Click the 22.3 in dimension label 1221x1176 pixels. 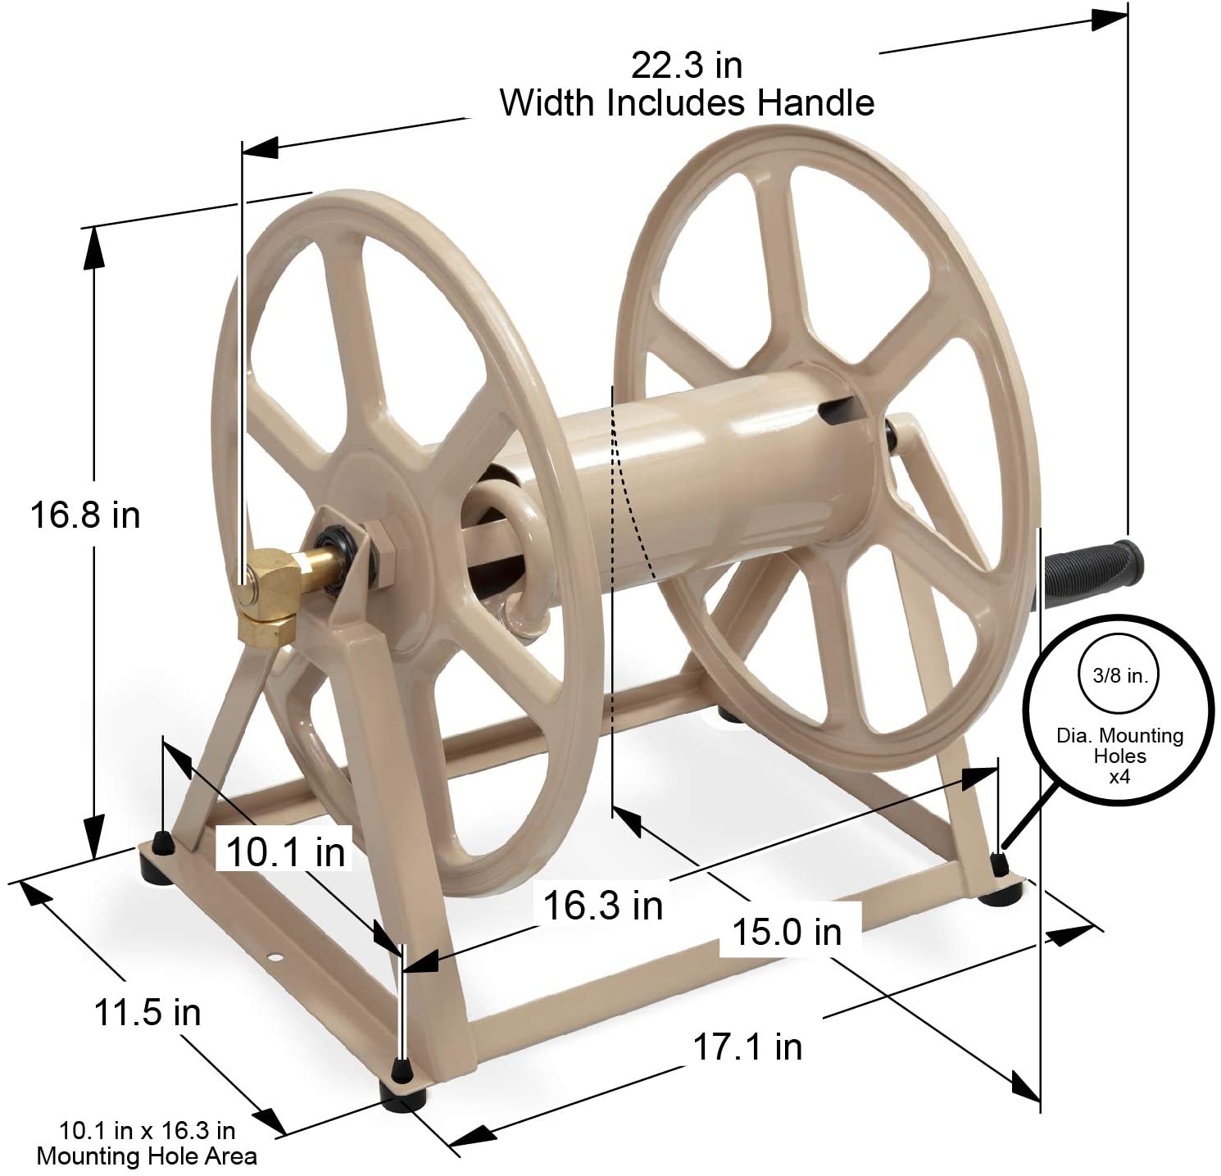click(x=686, y=65)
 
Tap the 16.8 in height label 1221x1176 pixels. click(x=85, y=515)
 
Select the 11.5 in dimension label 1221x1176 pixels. click(x=148, y=1013)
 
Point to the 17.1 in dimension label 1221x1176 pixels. click(x=747, y=1047)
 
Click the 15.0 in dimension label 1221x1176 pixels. click(x=787, y=932)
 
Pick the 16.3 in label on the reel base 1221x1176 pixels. click(x=602, y=906)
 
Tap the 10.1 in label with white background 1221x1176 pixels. click(x=285, y=853)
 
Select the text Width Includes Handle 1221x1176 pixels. click(x=687, y=104)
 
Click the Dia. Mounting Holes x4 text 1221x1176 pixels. click(x=1119, y=756)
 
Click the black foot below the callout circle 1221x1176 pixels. click(x=999, y=865)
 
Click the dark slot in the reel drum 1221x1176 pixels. click(x=844, y=410)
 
